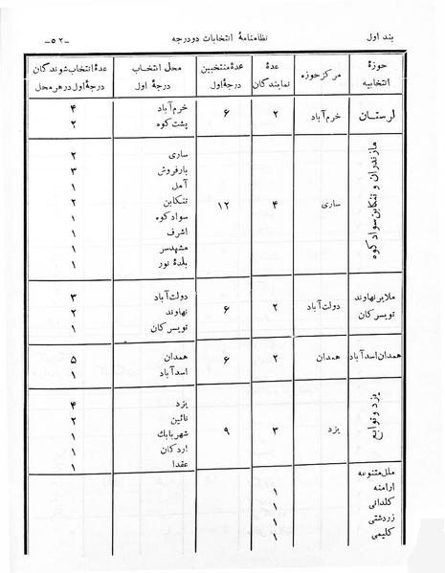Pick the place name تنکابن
(x=157, y=203)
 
